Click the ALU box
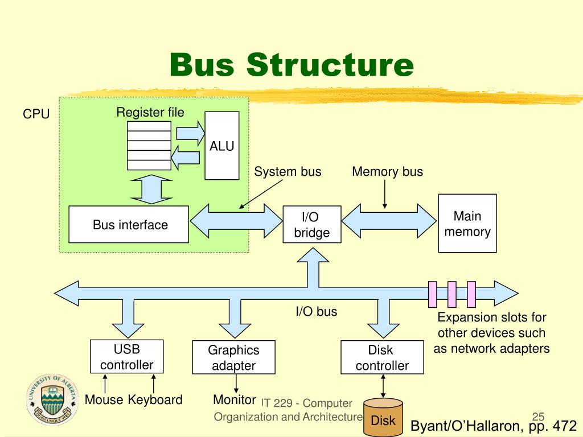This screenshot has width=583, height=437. point(222,146)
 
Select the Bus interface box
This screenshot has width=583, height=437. point(129,224)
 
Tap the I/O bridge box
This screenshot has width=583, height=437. point(312,224)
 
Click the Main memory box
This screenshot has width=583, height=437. point(467,223)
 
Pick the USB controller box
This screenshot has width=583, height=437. point(127,356)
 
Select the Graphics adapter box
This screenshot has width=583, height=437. point(233,357)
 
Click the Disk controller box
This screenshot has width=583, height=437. point(382,357)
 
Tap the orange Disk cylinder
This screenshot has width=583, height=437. point(383,417)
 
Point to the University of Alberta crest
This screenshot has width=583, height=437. point(52,400)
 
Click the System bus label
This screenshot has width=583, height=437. point(288,172)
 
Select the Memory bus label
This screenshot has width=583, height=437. point(387,172)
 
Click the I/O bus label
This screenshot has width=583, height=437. point(317,311)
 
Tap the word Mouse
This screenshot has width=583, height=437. point(104,400)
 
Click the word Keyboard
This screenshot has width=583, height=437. point(155,400)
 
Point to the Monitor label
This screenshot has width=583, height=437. point(234,400)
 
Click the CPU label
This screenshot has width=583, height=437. point(36,114)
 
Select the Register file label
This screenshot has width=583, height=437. point(150,112)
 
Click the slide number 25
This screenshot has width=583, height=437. point(539,417)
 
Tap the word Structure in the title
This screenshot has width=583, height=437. point(330,65)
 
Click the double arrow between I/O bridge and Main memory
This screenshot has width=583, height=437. point(389,221)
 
